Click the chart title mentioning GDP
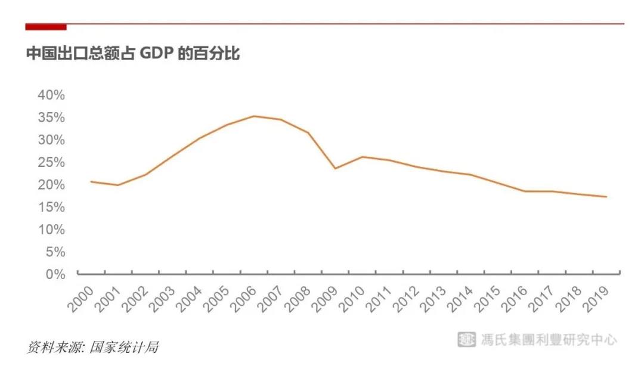(132, 54)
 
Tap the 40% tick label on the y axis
(51, 95)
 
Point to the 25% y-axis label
(51, 163)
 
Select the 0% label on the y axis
(54, 274)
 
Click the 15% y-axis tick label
(51, 207)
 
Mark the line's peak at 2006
(254, 116)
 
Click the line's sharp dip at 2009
(335, 168)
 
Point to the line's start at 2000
(91, 181)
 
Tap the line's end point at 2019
(606, 197)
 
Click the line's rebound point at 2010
(363, 157)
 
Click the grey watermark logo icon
(466, 339)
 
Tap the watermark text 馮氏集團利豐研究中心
(549, 340)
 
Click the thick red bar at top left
(46, 27)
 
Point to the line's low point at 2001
(118, 185)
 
